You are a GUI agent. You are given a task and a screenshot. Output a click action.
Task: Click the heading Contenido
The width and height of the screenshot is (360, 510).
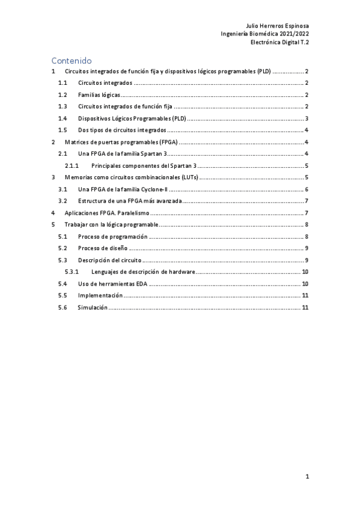click(x=71, y=60)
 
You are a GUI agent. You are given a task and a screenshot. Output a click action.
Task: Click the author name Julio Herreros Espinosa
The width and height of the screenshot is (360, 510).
click(x=278, y=26)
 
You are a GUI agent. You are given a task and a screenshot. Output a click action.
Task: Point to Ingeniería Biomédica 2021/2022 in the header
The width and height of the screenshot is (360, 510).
click(x=265, y=34)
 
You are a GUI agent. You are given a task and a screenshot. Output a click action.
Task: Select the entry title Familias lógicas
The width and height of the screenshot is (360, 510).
click(x=99, y=95)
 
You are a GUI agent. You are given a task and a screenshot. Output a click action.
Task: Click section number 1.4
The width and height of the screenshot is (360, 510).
click(x=62, y=118)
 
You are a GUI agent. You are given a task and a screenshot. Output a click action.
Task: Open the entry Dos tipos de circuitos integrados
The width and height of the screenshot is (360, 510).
click(x=122, y=131)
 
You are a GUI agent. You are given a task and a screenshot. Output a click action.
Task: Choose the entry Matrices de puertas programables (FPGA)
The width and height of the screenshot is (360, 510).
click(x=120, y=142)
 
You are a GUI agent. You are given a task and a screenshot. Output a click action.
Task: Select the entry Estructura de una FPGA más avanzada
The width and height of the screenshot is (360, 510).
click(x=130, y=201)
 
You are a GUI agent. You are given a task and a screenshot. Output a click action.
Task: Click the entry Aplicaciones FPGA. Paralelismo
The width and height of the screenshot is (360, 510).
click(x=106, y=213)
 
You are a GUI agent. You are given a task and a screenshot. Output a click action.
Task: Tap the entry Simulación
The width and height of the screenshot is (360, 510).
click(x=93, y=307)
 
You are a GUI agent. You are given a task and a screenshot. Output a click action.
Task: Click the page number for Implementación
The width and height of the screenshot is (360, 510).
click(x=305, y=295)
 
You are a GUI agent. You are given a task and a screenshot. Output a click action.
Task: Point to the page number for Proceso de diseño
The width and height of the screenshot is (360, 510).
click(x=307, y=248)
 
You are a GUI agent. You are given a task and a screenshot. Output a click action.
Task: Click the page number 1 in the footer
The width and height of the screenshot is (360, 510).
click(x=307, y=477)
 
